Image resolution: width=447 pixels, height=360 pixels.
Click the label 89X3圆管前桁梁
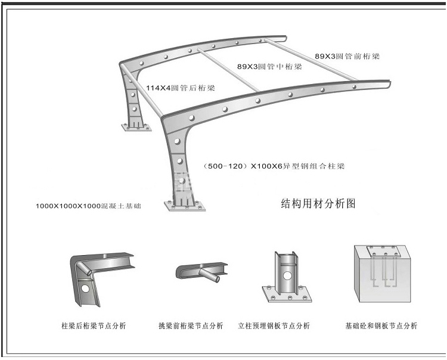coord(347,56)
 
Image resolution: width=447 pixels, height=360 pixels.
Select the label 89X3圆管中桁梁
coord(269,66)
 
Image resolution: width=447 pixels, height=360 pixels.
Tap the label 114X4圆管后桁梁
coord(181,88)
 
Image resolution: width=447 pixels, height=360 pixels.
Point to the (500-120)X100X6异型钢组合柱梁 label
coord(274,166)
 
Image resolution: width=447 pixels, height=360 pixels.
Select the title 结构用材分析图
coord(318,204)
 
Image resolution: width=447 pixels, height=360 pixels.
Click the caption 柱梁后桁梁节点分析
coord(94,326)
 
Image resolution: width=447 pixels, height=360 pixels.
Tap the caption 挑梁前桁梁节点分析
coord(191,326)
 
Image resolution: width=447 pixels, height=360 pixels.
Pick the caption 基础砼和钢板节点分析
coord(381,326)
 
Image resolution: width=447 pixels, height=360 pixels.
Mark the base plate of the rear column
coord(136,126)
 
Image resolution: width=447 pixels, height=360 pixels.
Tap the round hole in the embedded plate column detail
coord(287,276)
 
